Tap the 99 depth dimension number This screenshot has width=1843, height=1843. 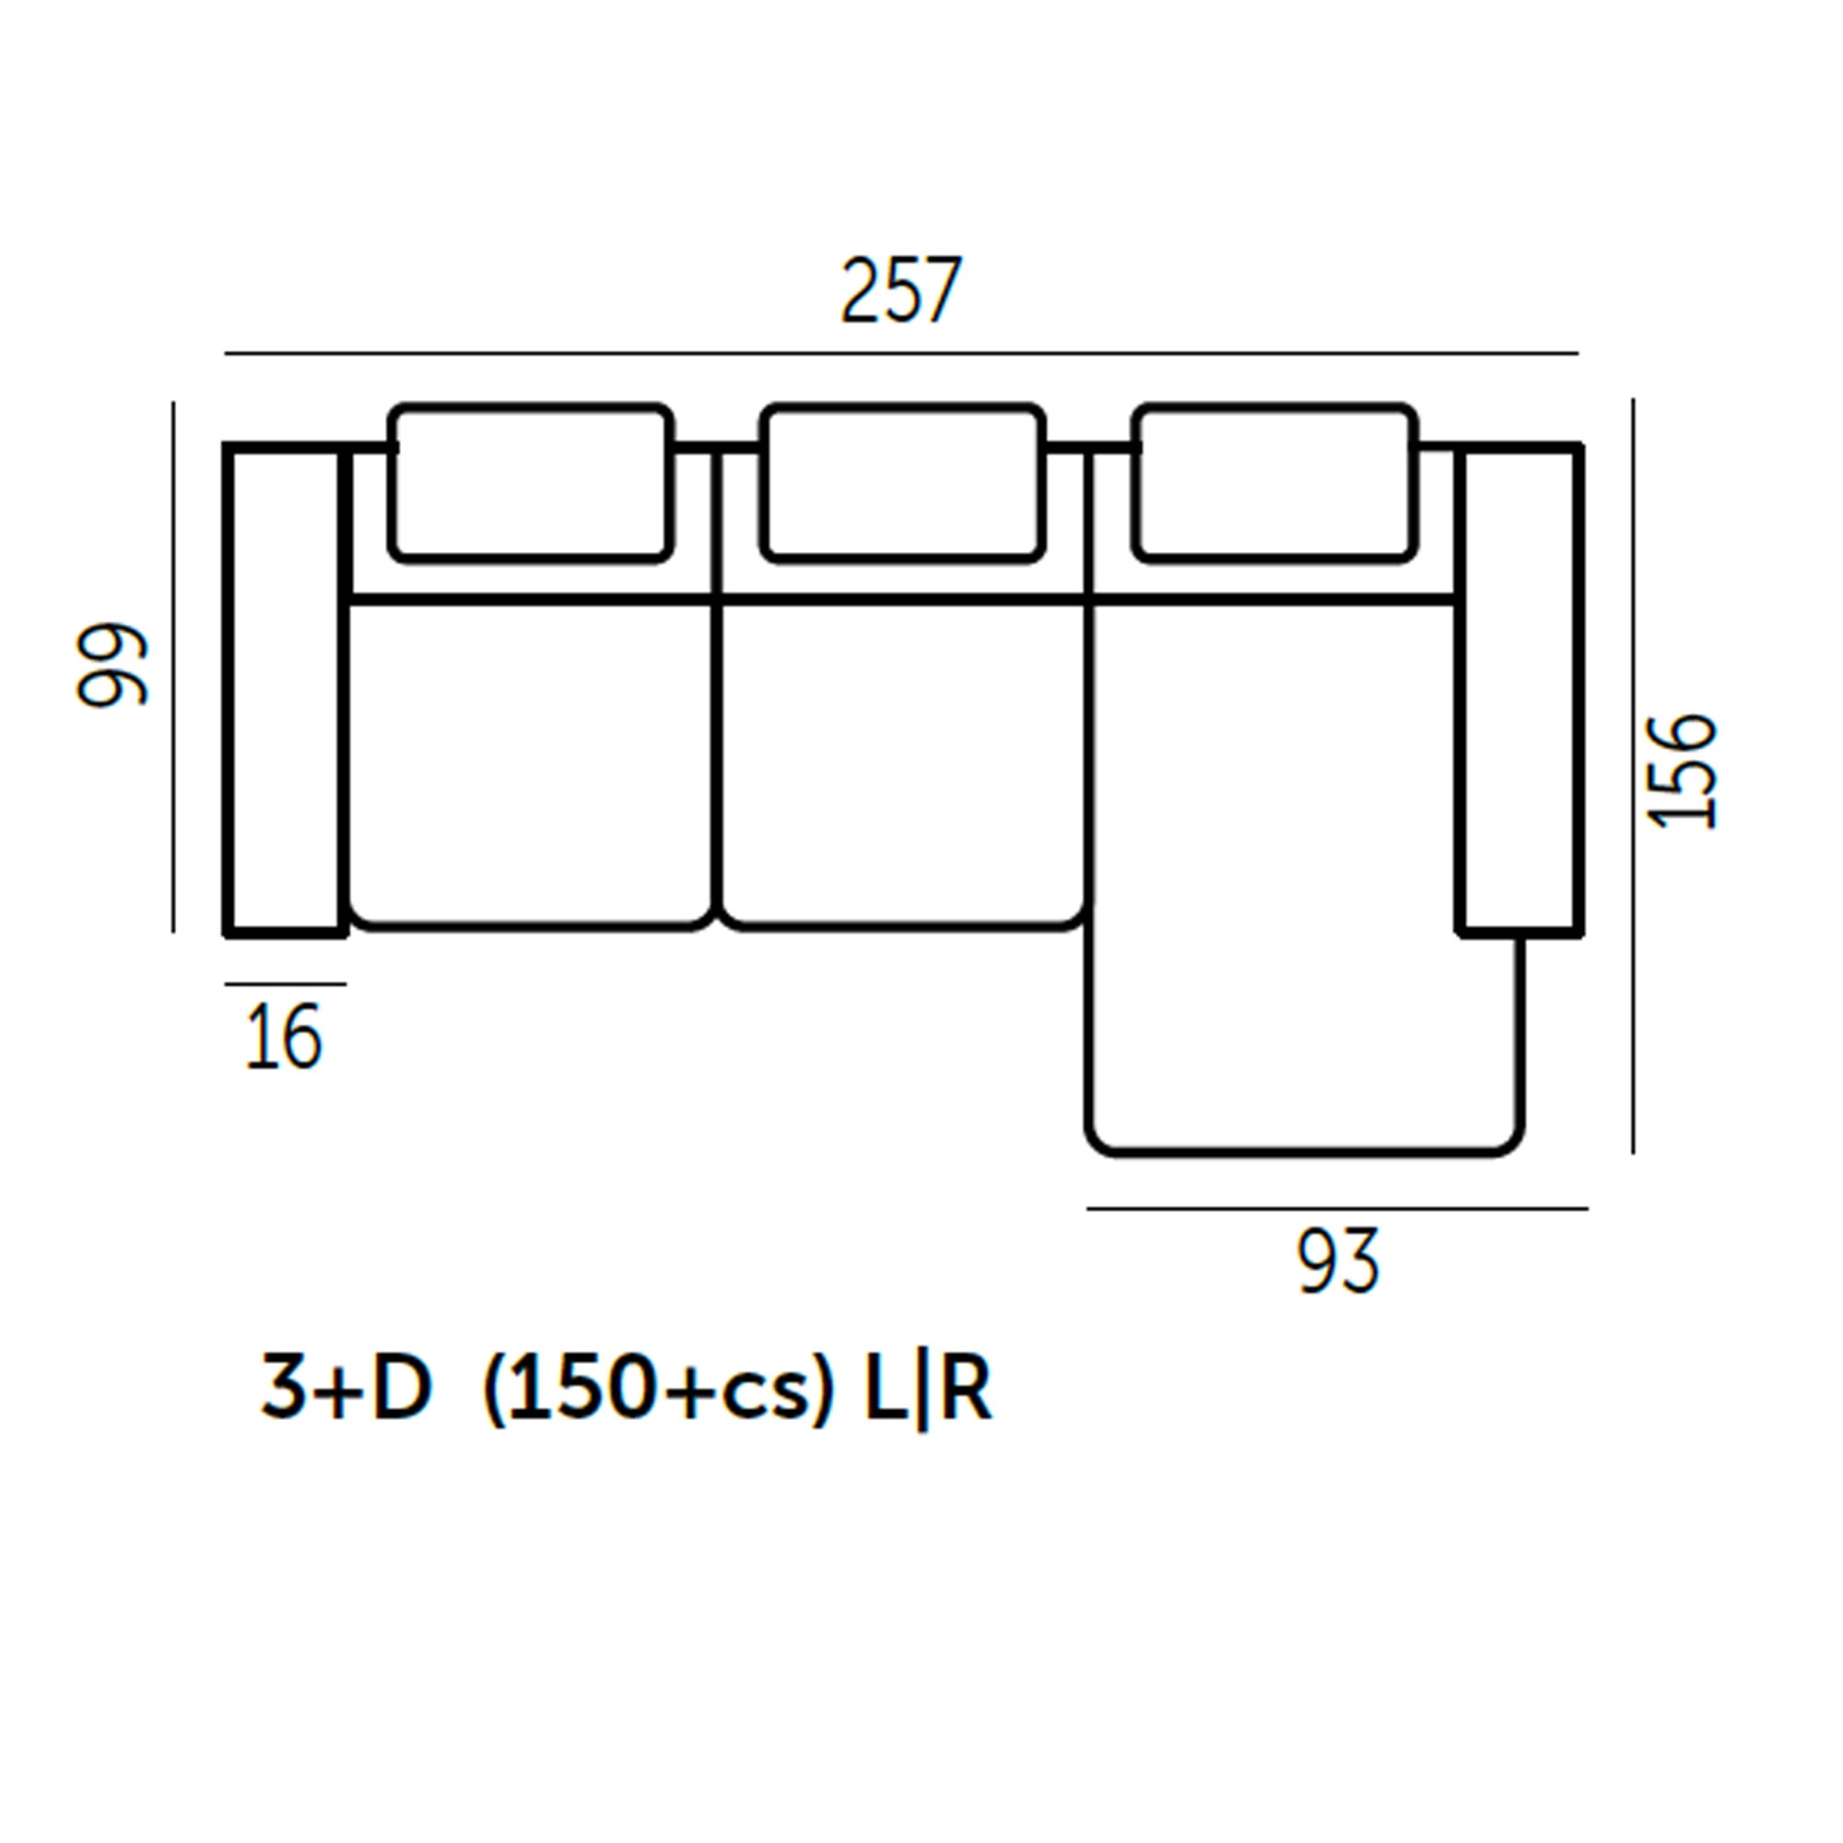click(112, 665)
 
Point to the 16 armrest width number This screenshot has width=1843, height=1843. click(283, 1038)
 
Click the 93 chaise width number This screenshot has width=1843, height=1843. click(1337, 1262)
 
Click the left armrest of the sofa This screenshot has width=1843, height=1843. click(284, 689)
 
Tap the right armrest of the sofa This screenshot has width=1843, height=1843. click(1520, 689)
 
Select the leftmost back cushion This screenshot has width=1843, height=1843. click(532, 483)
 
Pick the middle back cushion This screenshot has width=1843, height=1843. click(902, 483)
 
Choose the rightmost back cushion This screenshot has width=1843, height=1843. click(1274, 483)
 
